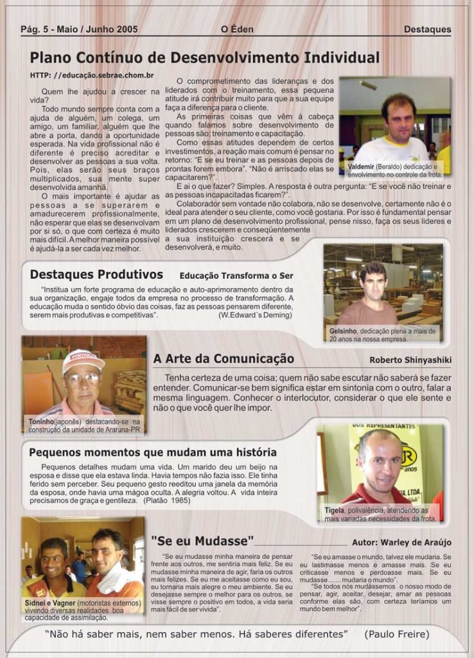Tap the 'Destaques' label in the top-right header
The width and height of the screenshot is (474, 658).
click(x=427, y=29)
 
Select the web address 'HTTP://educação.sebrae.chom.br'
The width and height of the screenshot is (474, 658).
click(x=92, y=75)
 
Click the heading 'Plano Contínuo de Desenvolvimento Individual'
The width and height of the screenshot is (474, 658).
click(x=204, y=58)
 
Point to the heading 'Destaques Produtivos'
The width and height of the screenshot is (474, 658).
click(x=96, y=274)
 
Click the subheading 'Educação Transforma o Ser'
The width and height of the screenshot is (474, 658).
click(x=236, y=276)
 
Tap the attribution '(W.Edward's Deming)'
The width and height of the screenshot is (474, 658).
click(x=256, y=316)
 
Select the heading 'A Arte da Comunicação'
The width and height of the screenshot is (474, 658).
click(x=224, y=359)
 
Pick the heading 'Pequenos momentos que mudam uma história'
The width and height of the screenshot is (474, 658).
click(x=153, y=452)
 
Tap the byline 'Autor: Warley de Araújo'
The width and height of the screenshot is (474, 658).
click(x=401, y=542)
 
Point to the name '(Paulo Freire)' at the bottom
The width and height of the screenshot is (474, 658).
click(x=396, y=634)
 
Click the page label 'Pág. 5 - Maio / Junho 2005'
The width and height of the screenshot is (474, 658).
click(x=79, y=29)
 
